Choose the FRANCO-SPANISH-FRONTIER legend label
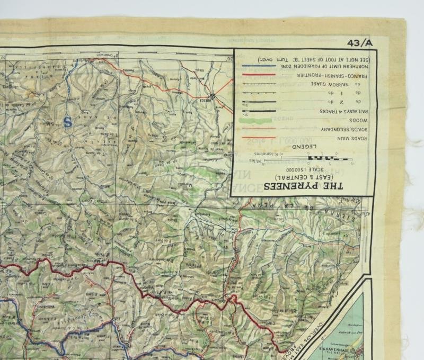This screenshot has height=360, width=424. pos(329,76)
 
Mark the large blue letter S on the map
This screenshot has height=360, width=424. pos(67,122)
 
